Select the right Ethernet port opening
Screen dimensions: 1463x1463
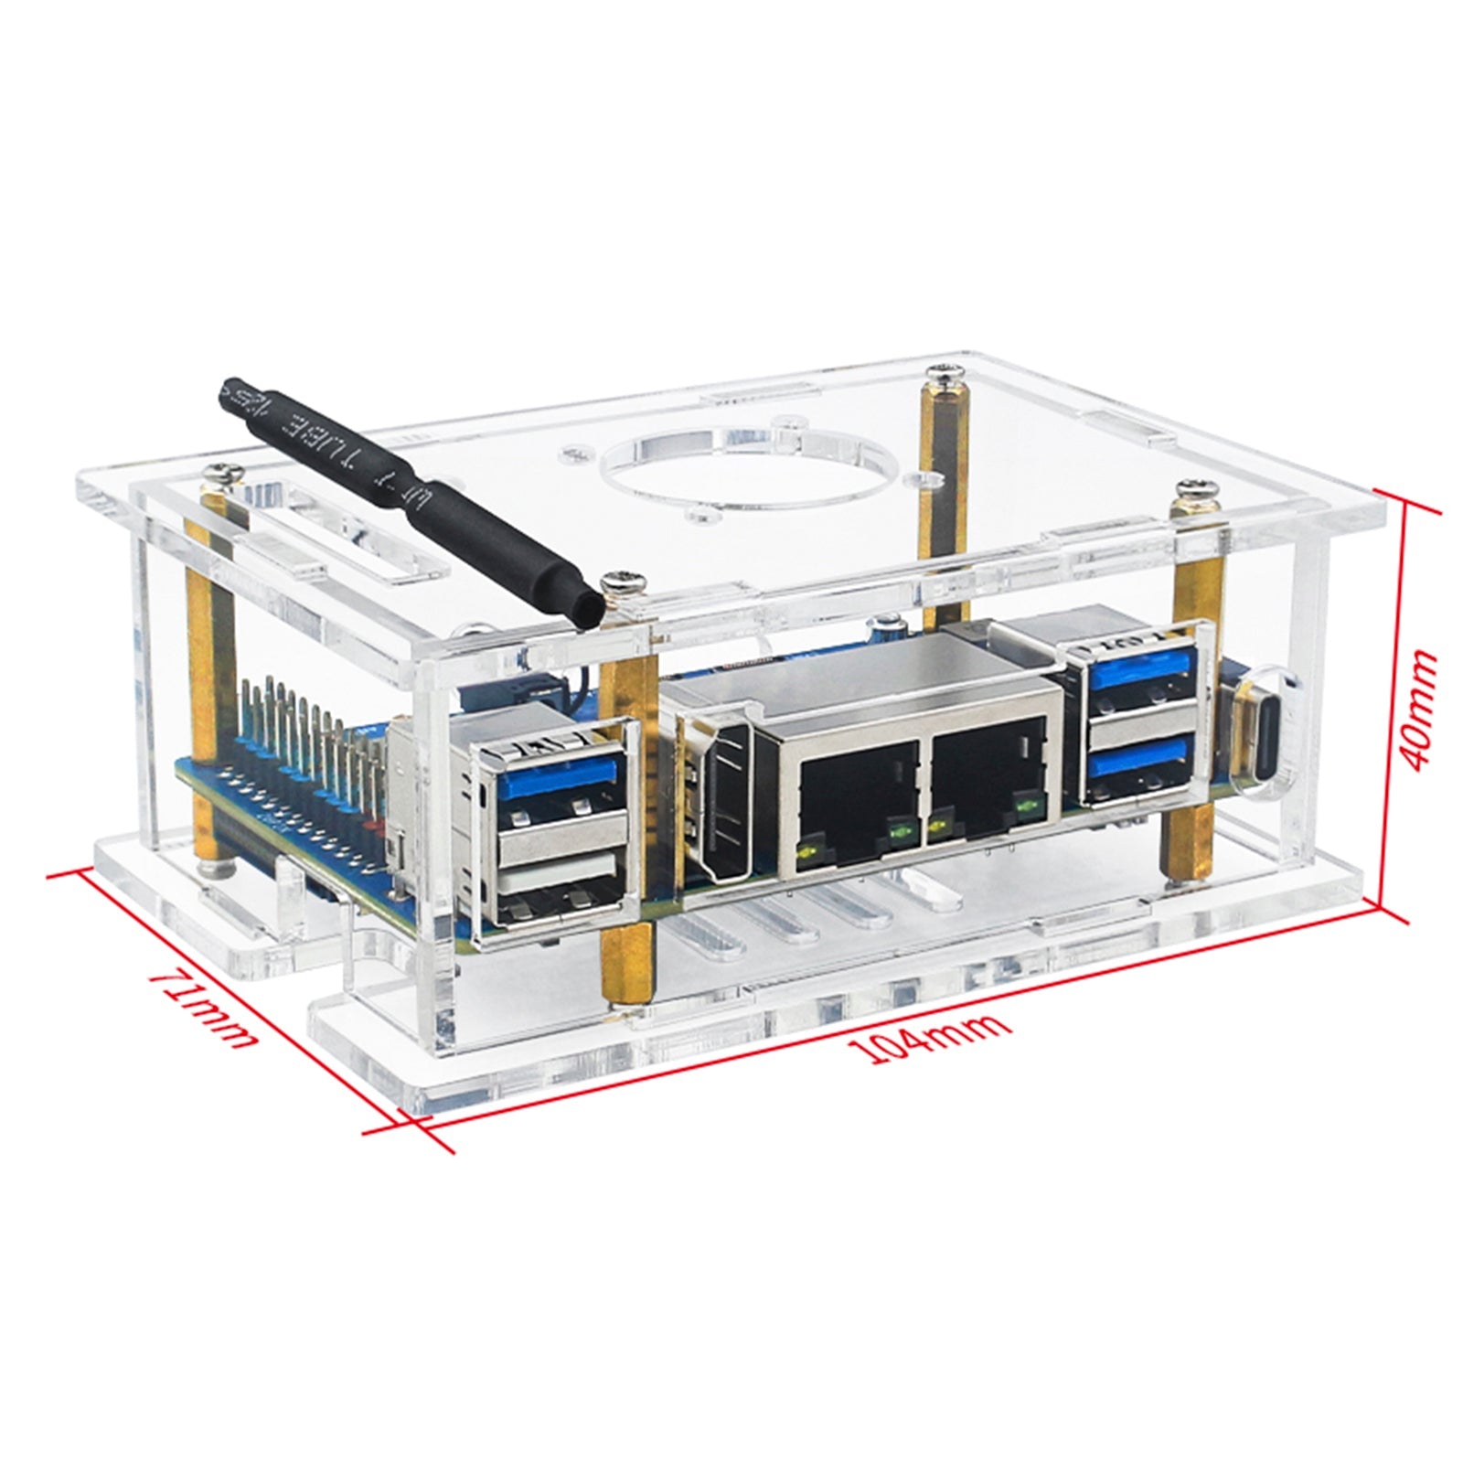tap(988, 786)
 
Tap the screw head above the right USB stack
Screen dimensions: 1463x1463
tap(1194, 490)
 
